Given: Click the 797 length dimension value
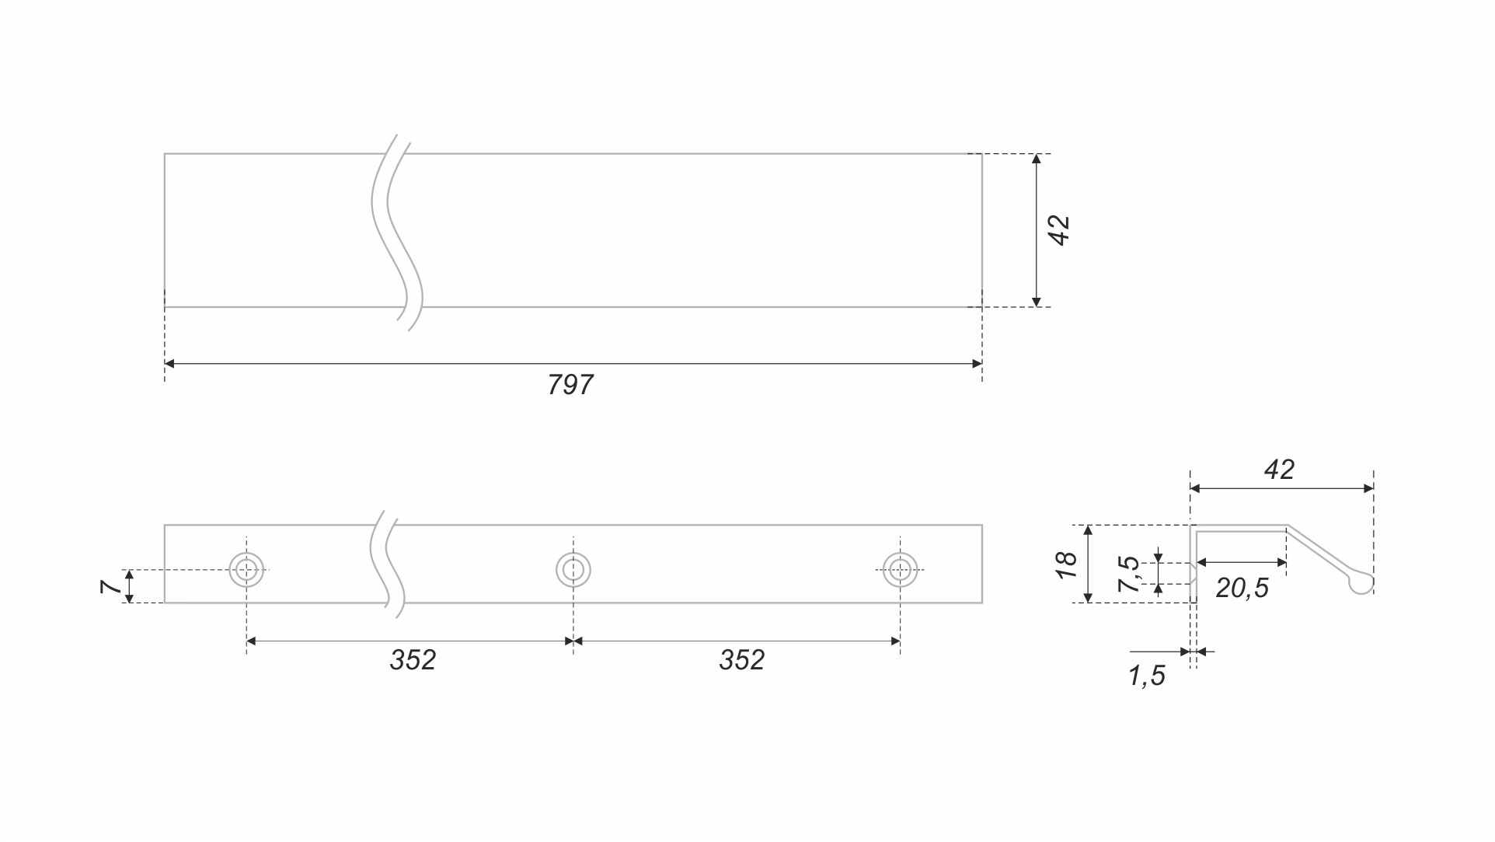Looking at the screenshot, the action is coord(570,385).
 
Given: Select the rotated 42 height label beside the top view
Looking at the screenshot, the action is coord(1060,231).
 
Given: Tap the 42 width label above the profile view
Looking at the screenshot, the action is coord(1279,470).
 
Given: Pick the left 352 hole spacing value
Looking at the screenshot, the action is coord(413,660).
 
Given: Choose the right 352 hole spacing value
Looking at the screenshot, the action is coord(742,660).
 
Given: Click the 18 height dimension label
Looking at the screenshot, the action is coord(1067,564).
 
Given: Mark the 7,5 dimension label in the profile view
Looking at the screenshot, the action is coord(1129,574).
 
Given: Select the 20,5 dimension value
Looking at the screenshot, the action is coord(1242,589).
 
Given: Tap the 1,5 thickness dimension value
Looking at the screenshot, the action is coord(1147,676).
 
